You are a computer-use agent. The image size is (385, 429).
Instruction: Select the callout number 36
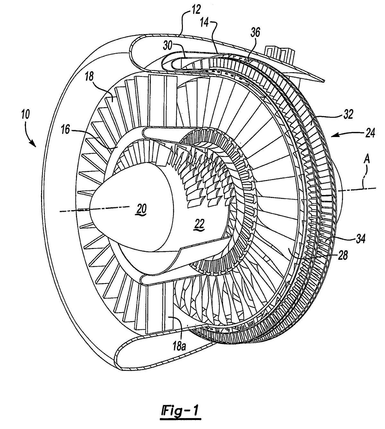coord(256,32)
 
